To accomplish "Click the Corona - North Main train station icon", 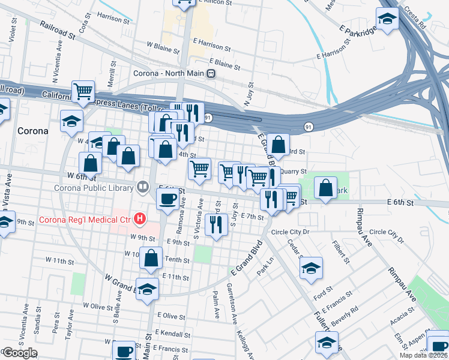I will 211,73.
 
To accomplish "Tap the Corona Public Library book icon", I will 142,186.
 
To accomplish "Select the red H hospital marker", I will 140,219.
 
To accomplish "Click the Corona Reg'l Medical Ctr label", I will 85,220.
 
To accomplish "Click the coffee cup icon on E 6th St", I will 167,199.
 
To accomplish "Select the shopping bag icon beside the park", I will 325,187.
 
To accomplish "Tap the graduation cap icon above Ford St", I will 311,269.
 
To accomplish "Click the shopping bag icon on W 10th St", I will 153,259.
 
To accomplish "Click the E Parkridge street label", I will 358,38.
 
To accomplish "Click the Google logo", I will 20,353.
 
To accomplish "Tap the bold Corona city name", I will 33,131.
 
